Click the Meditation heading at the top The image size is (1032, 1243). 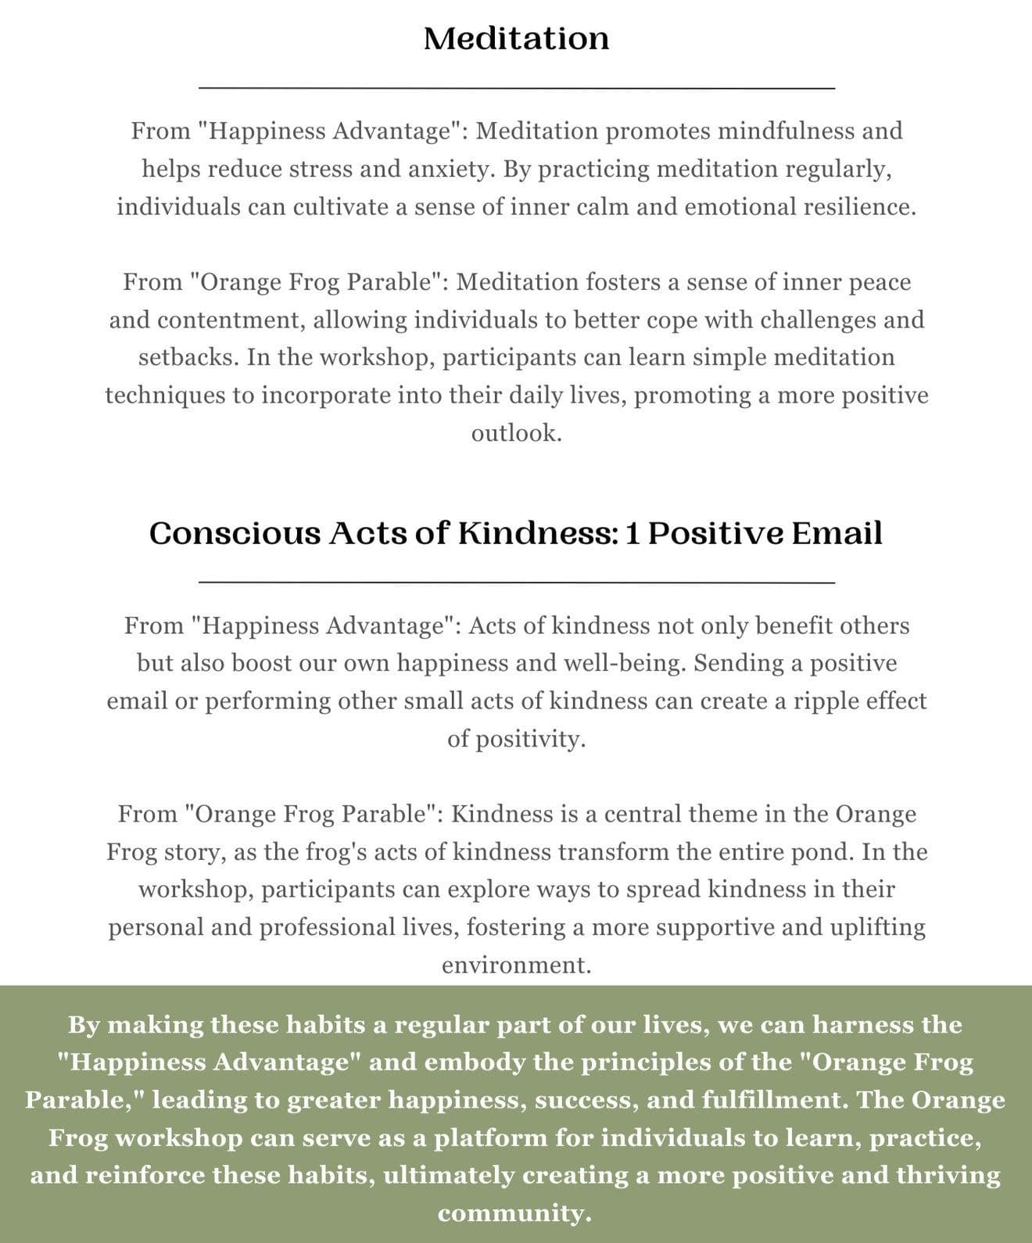pos(516,38)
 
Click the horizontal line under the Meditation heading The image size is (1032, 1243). pos(517,88)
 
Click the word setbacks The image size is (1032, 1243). pos(188,357)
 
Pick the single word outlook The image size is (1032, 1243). pos(516,433)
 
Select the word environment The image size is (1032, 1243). pos(516,965)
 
